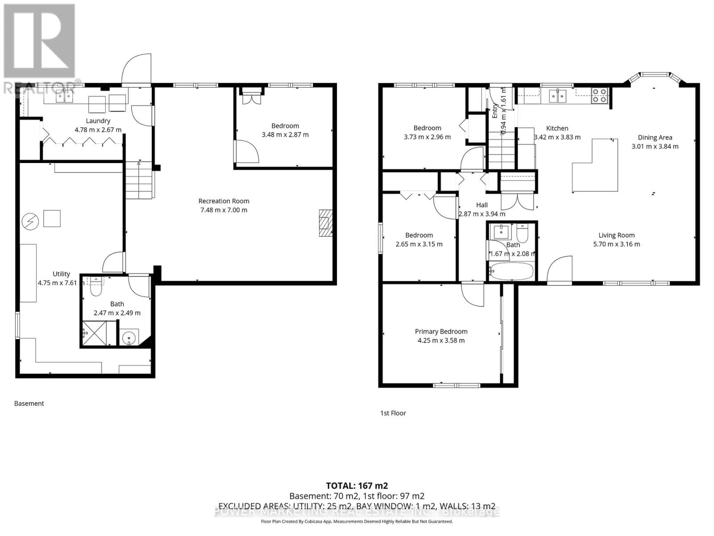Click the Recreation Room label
tap(224, 201)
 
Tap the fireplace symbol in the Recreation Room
tap(325, 222)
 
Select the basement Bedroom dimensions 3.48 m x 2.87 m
tap(285, 134)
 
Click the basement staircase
tap(139, 180)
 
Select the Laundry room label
tap(98, 121)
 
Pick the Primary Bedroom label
tap(441, 331)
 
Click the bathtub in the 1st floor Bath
tap(511, 271)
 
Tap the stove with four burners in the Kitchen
tap(599, 96)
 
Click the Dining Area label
tap(655, 138)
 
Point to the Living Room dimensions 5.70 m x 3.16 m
tap(616, 244)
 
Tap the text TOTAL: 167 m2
tap(357, 486)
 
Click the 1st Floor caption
tap(393, 413)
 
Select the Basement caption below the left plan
tap(29, 403)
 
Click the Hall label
tap(482, 205)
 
